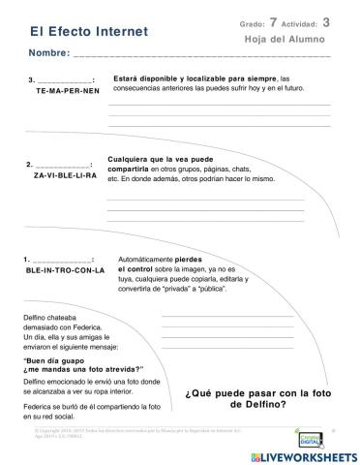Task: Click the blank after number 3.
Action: coord(65,80)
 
